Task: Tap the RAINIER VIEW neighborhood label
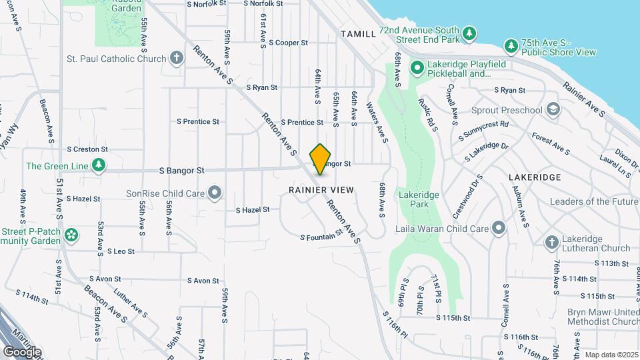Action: pos(321,190)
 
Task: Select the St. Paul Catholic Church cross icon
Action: pos(176,58)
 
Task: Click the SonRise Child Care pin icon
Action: pos(214,194)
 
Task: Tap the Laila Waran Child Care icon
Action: pos(499,229)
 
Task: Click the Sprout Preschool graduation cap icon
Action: pos(552,109)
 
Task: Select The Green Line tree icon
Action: pos(99,165)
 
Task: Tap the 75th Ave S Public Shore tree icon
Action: pos(511,46)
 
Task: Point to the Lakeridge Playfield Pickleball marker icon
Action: pos(417,67)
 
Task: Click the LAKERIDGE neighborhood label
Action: pos(534,177)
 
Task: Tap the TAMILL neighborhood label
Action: pos(359,33)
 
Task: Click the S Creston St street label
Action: pos(87,149)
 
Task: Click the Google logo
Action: pos(23,351)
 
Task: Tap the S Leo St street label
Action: pos(121,252)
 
